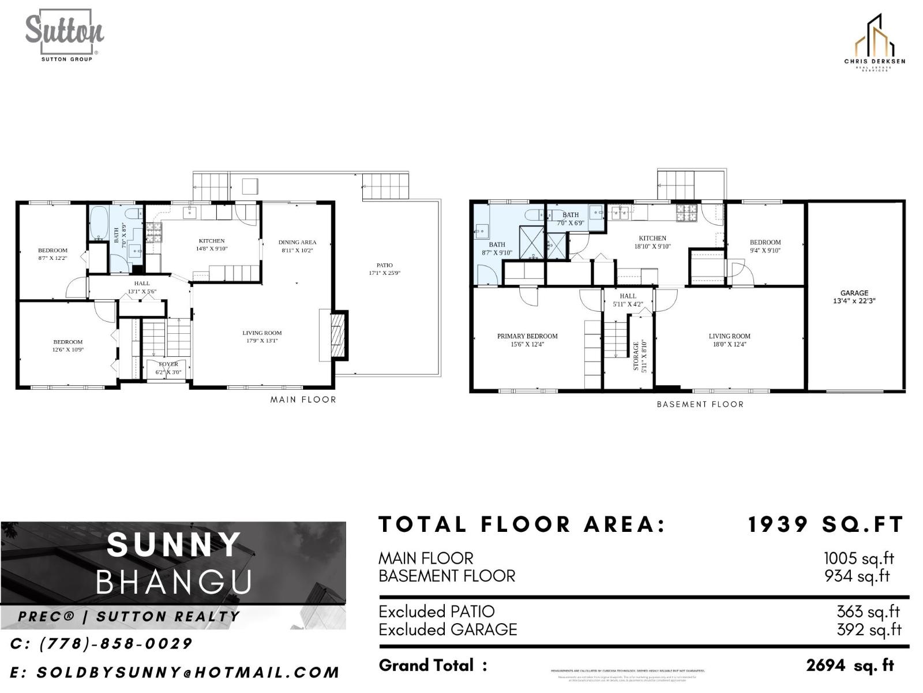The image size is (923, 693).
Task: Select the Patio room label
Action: [x=384, y=266]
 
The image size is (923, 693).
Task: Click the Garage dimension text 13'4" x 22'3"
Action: [x=854, y=301]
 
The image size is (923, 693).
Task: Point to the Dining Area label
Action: [x=297, y=243]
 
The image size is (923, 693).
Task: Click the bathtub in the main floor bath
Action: [x=99, y=223]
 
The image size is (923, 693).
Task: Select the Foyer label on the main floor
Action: [x=168, y=364]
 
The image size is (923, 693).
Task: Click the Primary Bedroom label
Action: [x=527, y=336]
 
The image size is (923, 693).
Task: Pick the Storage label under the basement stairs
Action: [x=636, y=356]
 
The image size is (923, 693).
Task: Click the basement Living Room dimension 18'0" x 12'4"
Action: [x=729, y=344]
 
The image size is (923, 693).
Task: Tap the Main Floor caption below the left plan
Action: [x=303, y=400]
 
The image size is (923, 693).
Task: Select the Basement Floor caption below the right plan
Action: [x=700, y=404]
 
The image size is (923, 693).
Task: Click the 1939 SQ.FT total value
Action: [x=825, y=525]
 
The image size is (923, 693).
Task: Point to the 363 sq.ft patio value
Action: [x=868, y=612]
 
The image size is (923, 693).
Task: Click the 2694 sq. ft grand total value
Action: [x=850, y=665]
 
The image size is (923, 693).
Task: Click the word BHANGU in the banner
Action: [x=174, y=582]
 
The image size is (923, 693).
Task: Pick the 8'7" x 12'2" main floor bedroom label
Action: [x=52, y=258]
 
